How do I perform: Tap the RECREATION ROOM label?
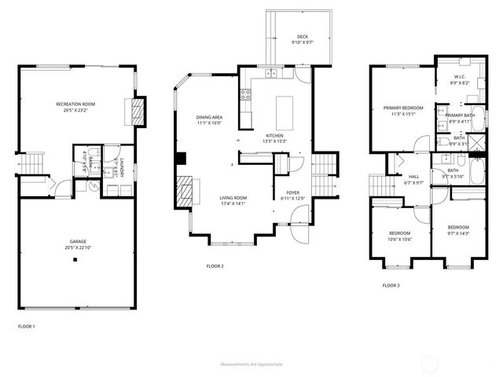[x=75, y=104]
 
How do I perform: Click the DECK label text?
[x=302, y=36]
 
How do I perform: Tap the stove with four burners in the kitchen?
[x=244, y=96]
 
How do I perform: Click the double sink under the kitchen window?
[x=270, y=74]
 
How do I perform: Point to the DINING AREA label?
[x=209, y=117]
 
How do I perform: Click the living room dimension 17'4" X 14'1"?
[x=233, y=203]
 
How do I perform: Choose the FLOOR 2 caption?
[x=215, y=266]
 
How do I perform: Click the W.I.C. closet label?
[x=461, y=76]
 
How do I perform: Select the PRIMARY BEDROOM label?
[x=402, y=108]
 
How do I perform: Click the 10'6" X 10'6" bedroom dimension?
[x=401, y=240]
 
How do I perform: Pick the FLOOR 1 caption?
[x=27, y=326]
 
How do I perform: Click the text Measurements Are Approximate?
[x=251, y=364]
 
